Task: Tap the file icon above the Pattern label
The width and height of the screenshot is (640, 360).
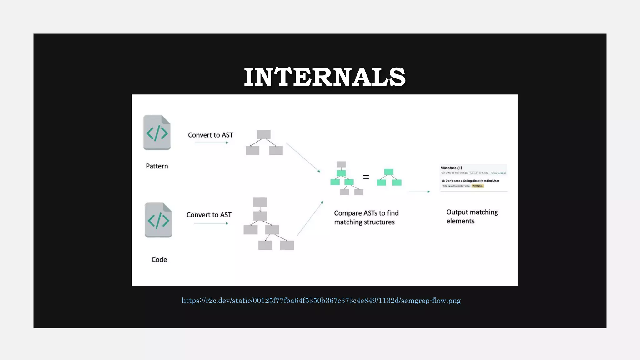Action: [x=157, y=132]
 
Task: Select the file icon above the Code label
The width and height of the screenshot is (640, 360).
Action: [x=158, y=220]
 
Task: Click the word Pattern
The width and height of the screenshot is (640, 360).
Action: [x=157, y=166]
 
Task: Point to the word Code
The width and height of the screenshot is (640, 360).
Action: [x=159, y=259]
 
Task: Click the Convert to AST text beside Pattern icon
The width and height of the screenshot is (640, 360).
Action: [x=210, y=135]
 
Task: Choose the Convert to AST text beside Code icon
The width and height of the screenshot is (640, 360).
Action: [x=209, y=215]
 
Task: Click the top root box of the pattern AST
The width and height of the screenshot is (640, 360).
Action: [x=263, y=134]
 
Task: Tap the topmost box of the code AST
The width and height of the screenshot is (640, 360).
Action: [x=260, y=202]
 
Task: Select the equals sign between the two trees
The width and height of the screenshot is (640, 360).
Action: [x=366, y=177]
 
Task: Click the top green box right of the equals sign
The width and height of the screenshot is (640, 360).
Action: [x=388, y=172]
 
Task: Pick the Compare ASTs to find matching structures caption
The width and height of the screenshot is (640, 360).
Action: [x=366, y=217]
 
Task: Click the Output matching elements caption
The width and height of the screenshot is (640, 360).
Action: [x=472, y=216]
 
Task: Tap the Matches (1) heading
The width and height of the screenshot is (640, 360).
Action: [x=451, y=168]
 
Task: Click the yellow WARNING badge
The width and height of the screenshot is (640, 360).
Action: [x=477, y=186]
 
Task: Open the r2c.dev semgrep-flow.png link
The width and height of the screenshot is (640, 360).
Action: [x=321, y=301]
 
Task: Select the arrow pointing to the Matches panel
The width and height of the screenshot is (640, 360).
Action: [x=419, y=192]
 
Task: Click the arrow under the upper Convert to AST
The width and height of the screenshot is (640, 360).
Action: [x=211, y=142]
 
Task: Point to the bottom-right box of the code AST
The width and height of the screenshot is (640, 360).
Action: [x=287, y=245]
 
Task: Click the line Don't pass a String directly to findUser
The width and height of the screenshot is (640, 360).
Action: [x=471, y=181]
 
